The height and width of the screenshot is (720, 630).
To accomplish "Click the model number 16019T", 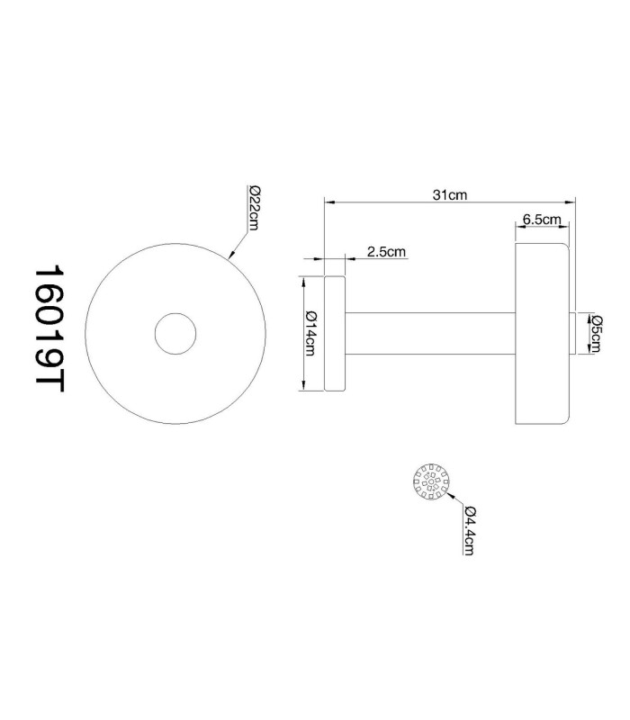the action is click(x=49, y=328).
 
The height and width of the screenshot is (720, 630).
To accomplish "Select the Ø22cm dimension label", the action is click(x=254, y=208).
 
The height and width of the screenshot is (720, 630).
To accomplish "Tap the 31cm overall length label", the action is click(x=449, y=195).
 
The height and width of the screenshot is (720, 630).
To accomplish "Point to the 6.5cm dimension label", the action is click(x=542, y=220).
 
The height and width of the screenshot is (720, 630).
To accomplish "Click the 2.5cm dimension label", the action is click(x=386, y=252).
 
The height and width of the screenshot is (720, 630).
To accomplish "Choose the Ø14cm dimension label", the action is click(x=310, y=334).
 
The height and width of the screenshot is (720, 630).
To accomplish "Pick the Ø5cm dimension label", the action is click(x=596, y=333).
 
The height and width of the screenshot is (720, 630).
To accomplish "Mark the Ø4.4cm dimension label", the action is click(x=469, y=530).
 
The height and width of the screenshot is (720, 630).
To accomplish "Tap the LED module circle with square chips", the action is click(x=431, y=481).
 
